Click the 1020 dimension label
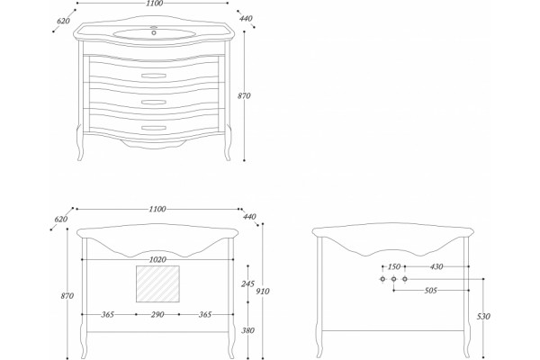(x=157, y=259)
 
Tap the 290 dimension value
(x=157, y=314)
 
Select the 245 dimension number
(x=247, y=284)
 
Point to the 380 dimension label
(x=247, y=330)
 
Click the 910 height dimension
(x=263, y=292)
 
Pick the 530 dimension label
(x=483, y=316)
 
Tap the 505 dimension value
(x=430, y=291)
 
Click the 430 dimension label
(x=436, y=266)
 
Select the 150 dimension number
(x=394, y=266)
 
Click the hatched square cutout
(x=157, y=283)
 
